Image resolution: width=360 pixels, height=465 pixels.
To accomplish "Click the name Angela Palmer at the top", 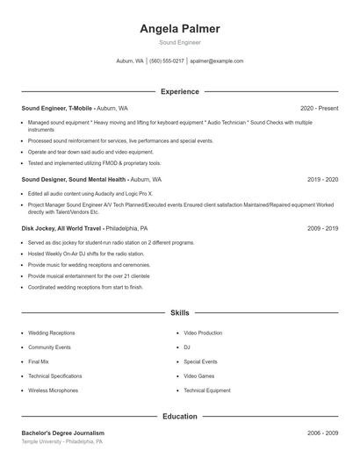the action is pos(179,29).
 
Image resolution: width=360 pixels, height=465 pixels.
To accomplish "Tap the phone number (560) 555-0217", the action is pos(167,61).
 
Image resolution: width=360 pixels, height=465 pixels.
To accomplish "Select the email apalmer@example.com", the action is pos(216,61).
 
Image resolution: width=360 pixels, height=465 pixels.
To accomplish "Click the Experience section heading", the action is pos(179,91).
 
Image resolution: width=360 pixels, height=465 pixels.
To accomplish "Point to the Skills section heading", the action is pos(179,312).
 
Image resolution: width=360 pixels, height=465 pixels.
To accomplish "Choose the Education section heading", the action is pos(179,416).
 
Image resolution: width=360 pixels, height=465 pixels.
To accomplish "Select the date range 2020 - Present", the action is pos(319,108).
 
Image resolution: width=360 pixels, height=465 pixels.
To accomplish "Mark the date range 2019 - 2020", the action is pos(322,179).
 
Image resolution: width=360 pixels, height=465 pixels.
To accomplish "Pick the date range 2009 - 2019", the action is pos(322,228).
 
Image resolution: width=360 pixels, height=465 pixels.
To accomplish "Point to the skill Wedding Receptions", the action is pos(51,333).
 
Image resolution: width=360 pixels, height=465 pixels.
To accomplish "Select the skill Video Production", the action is pos(203,333).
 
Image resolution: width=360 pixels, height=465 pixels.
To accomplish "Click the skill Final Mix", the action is pos(39,361).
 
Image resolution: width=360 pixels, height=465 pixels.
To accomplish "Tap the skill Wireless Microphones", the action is pos(53,390).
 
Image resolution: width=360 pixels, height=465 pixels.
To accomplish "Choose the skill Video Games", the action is pos(199,376).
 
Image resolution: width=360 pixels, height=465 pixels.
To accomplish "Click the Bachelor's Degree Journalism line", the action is pos(62,433).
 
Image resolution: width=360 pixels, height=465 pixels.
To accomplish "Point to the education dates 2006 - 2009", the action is pos(322,433).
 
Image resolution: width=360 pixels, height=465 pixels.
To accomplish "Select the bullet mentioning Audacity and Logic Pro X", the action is pos(90,193).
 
